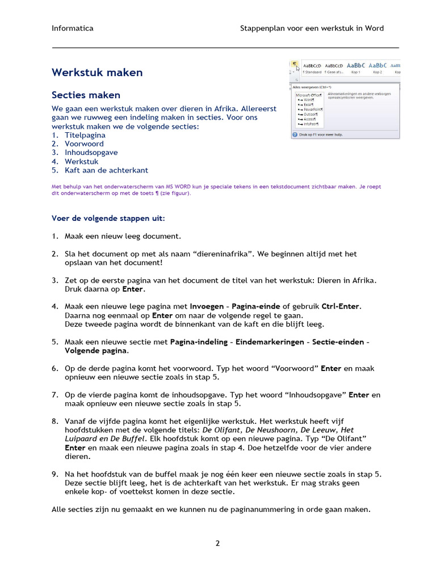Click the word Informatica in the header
pos(73,28)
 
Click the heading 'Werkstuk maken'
pos(97,73)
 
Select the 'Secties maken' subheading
pos(86,95)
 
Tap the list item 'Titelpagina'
pos(85,135)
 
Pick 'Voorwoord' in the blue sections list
pos(84,144)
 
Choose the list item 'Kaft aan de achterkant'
pos(106,170)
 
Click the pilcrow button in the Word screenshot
pos(295,65)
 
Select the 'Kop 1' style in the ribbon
pos(356,68)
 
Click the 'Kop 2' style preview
pos(378,68)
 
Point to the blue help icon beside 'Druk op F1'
pos(295,135)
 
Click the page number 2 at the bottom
pos(217,543)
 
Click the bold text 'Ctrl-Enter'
pos(341,306)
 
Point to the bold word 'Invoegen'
pos(207,306)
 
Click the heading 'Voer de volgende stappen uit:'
pos(108,218)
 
